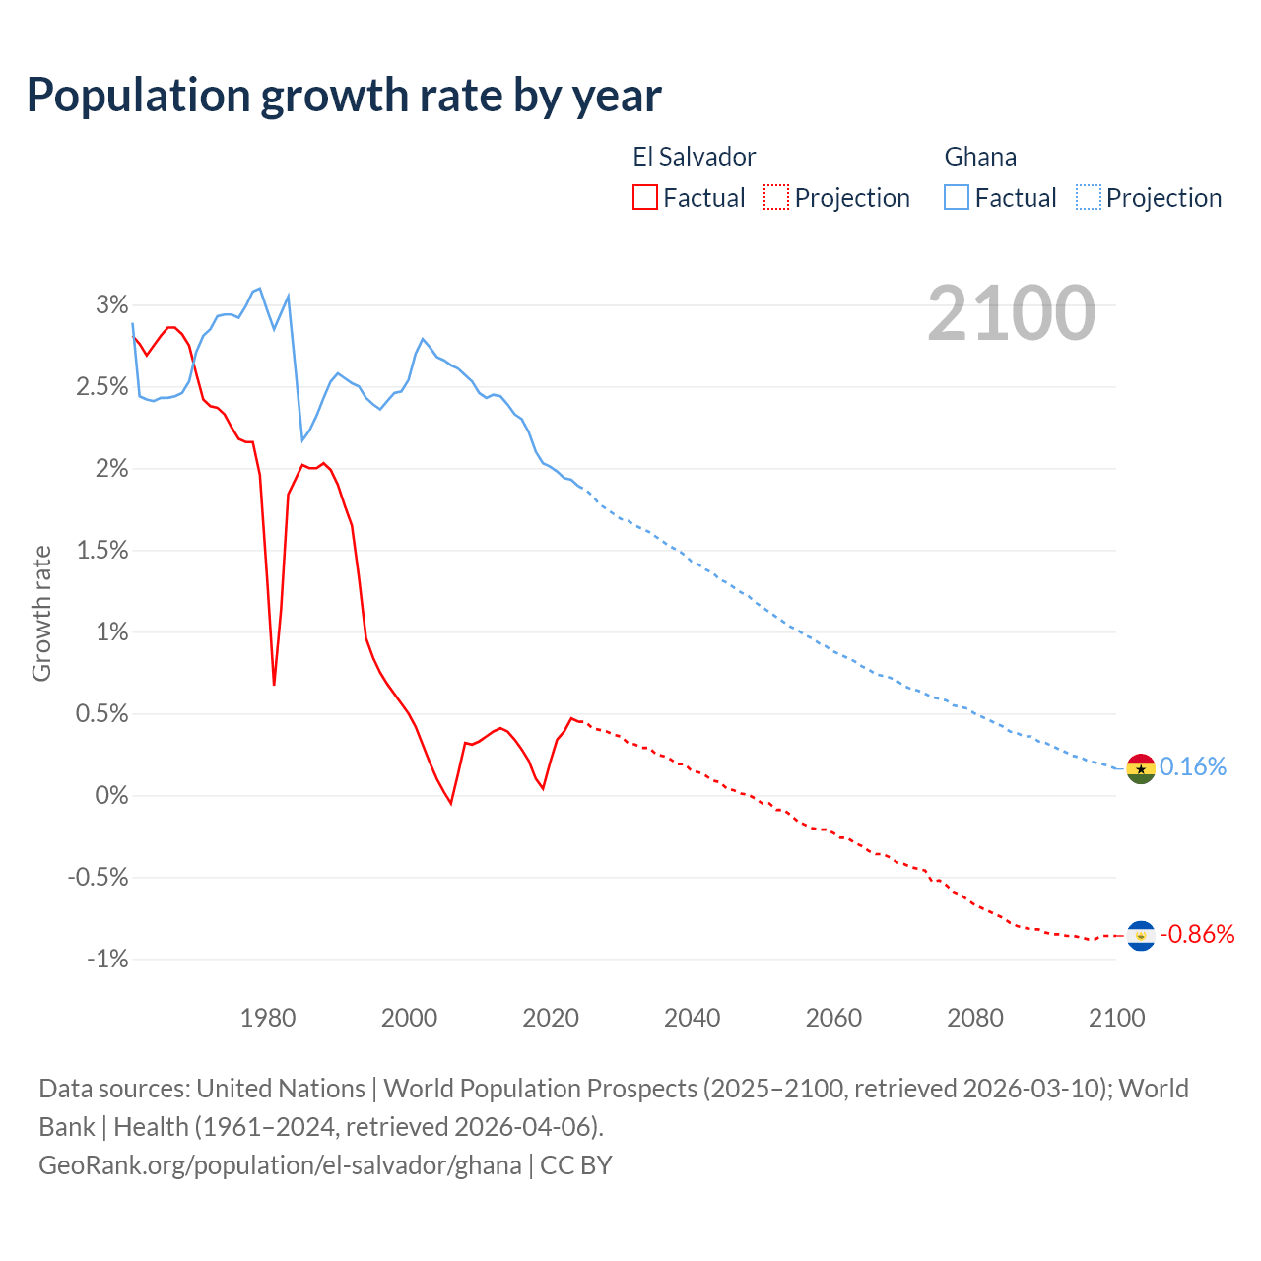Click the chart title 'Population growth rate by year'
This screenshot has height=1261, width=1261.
click(344, 96)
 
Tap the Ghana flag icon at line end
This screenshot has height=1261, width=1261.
click(1140, 767)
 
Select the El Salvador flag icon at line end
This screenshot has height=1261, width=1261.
click(1140, 935)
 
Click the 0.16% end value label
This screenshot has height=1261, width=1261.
click(1193, 767)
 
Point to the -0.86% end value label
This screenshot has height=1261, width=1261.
click(1197, 935)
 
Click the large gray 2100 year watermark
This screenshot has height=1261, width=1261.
click(1011, 313)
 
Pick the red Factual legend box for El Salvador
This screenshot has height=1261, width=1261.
click(644, 197)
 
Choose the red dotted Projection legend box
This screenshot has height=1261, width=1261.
click(776, 197)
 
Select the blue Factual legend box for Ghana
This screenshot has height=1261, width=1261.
click(957, 197)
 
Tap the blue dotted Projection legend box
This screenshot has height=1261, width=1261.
click(1089, 197)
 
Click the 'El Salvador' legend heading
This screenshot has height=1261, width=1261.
click(694, 157)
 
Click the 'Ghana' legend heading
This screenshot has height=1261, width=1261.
click(980, 157)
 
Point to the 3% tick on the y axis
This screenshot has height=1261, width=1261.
click(111, 305)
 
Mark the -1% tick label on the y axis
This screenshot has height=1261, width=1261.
click(107, 960)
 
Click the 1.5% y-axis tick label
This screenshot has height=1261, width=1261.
click(102, 551)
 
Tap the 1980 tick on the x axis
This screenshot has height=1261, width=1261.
click(268, 1018)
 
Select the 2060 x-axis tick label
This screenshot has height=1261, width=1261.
click(833, 1018)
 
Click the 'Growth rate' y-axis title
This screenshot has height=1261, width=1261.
click(41, 613)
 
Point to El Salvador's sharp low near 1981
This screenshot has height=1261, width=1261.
click(274, 684)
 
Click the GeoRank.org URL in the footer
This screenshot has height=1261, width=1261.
click(280, 1165)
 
